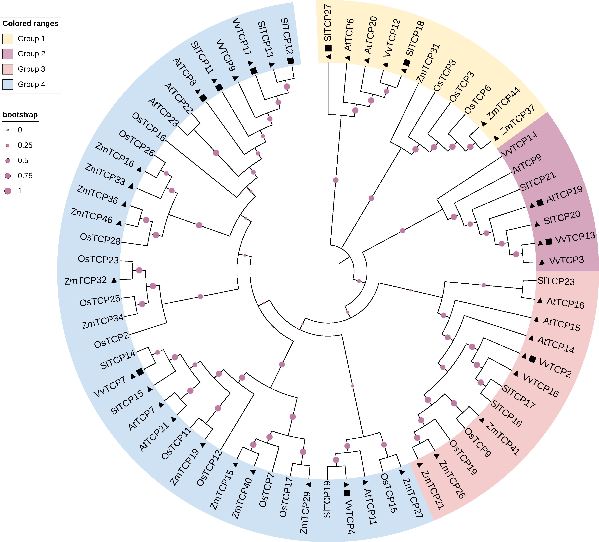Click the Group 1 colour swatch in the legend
8,39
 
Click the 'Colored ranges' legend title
30,24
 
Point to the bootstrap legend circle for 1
8,191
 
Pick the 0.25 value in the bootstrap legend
25,145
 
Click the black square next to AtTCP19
540,202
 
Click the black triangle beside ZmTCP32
114,280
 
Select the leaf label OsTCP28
100,238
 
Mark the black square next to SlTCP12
291,61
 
